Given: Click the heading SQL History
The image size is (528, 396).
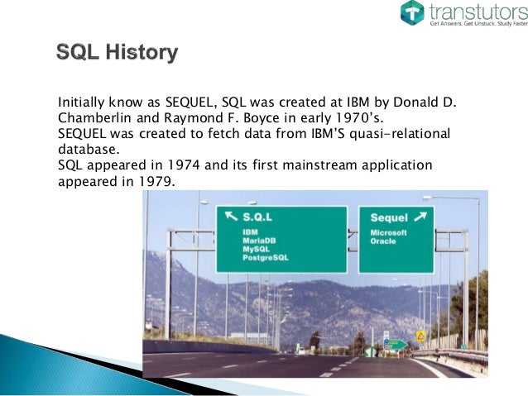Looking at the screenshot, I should [x=117, y=55].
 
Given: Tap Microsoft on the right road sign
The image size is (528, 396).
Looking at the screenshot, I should [x=389, y=232].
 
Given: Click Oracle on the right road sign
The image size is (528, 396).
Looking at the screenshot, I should [x=382, y=241].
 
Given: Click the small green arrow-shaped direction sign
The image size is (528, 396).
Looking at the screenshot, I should [x=398, y=344].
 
